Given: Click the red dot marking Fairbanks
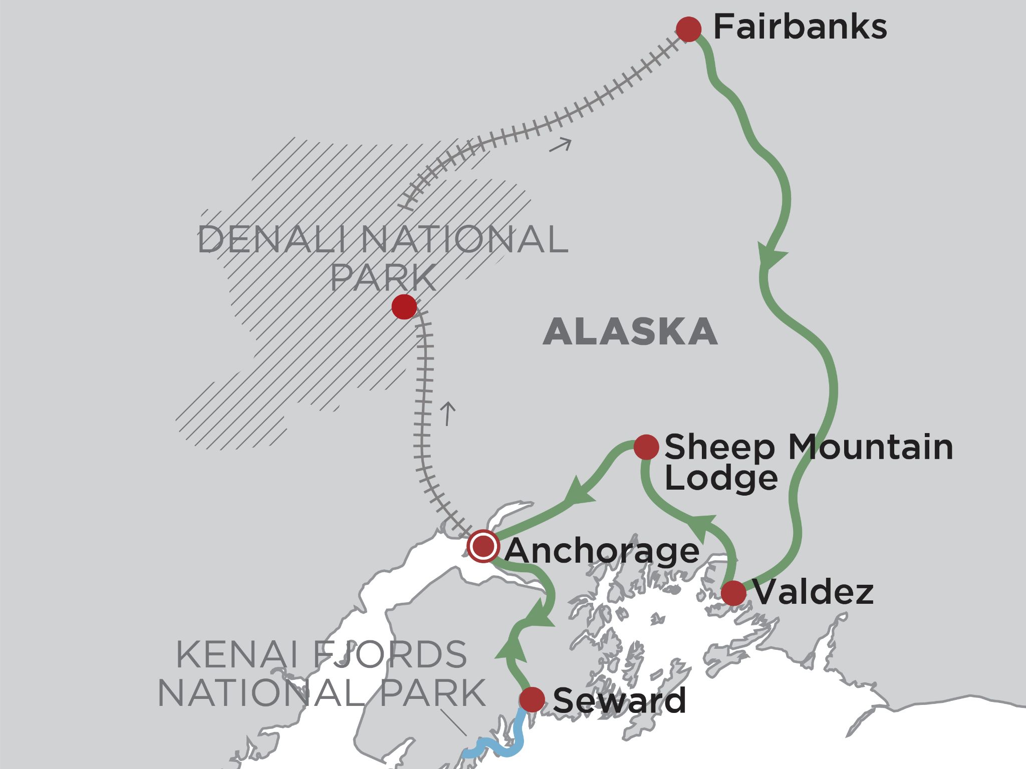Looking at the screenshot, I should click(x=688, y=29).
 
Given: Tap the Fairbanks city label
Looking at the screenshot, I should click(x=800, y=28).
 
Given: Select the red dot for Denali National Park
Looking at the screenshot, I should click(x=404, y=306).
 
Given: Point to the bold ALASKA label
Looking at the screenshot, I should click(x=630, y=332).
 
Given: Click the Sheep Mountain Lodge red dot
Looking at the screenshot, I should click(x=646, y=447).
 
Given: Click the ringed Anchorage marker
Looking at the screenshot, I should click(x=483, y=546).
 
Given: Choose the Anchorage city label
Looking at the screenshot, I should click(x=602, y=551).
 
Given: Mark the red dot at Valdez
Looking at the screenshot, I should click(x=733, y=593).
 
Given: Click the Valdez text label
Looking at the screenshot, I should click(x=813, y=593).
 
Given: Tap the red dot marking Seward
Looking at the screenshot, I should click(x=532, y=699).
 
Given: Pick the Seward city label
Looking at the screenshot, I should click(x=619, y=700).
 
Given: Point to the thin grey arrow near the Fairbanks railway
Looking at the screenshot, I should click(x=561, y=145).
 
